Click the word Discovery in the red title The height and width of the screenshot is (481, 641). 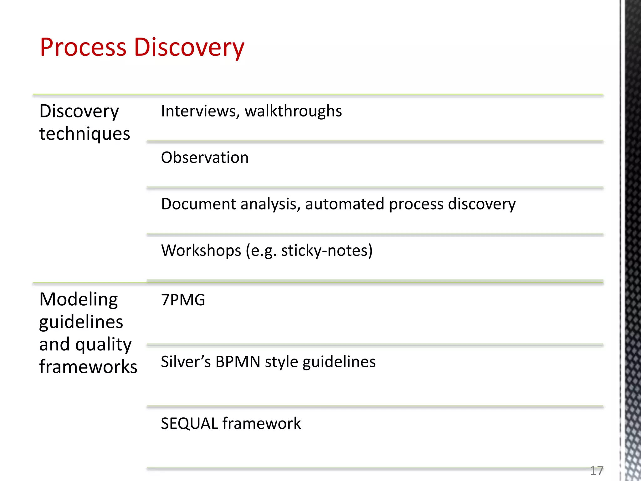(x=189, y=48)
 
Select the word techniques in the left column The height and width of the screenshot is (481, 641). (x=85, y=134)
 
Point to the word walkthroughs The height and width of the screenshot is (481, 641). (x=293, y=111)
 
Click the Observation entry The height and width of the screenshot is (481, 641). (x=205, y=158)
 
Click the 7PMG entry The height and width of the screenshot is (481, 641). (x=183, y=300)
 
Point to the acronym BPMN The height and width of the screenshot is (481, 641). (x=238, y=362)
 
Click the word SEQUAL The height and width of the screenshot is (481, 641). (x=189, y=424)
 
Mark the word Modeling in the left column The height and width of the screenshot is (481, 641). (x=79, y=300)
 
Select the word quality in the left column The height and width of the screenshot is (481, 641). (x=103, y=345)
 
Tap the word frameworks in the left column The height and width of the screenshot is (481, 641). (x=88, y=367)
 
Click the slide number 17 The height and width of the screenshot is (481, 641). (x=597, y=470)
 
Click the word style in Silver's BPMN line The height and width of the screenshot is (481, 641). (x=281, y=362)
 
